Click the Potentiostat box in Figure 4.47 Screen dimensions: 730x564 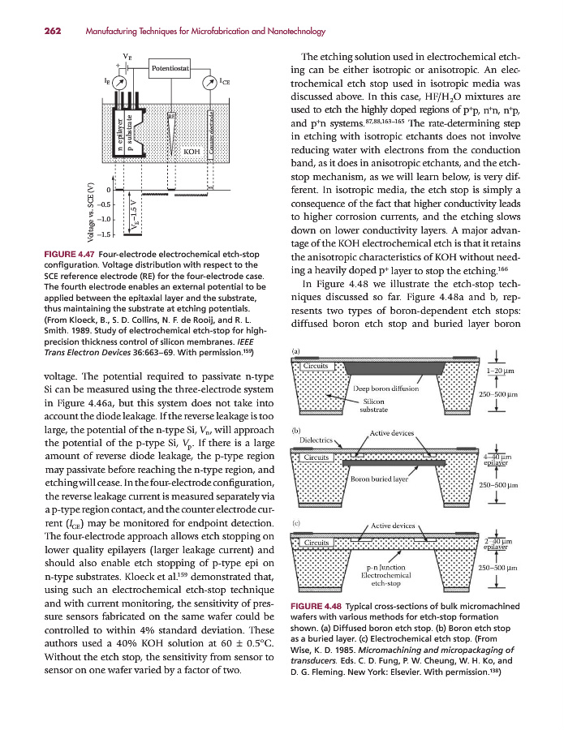170,70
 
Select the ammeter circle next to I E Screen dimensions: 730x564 118,82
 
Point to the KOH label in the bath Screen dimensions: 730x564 192,152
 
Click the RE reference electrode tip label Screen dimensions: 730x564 171,115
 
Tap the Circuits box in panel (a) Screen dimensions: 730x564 315,366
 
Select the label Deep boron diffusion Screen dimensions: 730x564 386,389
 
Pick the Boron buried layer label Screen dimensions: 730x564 378,479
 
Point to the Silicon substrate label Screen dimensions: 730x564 373,406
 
